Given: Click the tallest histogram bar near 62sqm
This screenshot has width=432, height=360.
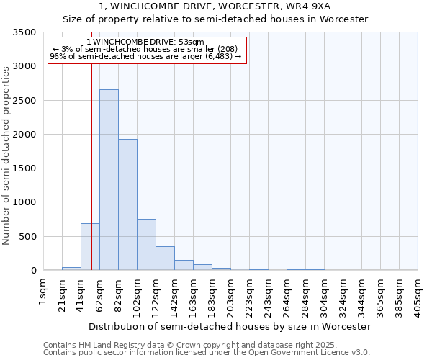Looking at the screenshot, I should (109, 180).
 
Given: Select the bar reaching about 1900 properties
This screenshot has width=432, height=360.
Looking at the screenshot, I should (127, 204).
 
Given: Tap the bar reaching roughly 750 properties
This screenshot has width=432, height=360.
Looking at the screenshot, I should (146, 245).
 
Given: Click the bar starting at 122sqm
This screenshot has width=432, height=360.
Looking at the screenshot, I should (165, 258).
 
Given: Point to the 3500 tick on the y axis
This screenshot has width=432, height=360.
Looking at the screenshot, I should (24, 33).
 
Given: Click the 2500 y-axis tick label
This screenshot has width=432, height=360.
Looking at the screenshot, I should (24, 101).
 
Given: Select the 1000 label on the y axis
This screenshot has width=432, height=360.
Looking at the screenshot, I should (24, 203).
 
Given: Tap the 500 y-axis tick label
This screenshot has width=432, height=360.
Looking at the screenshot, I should (27, 237).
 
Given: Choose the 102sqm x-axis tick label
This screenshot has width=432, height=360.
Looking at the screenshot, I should (137, 292).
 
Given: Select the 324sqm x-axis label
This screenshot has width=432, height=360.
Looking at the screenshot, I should (343, 292).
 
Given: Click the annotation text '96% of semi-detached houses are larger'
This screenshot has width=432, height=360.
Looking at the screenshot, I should (145, 56).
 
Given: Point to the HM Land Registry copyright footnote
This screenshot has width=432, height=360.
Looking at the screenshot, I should (206, 346).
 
